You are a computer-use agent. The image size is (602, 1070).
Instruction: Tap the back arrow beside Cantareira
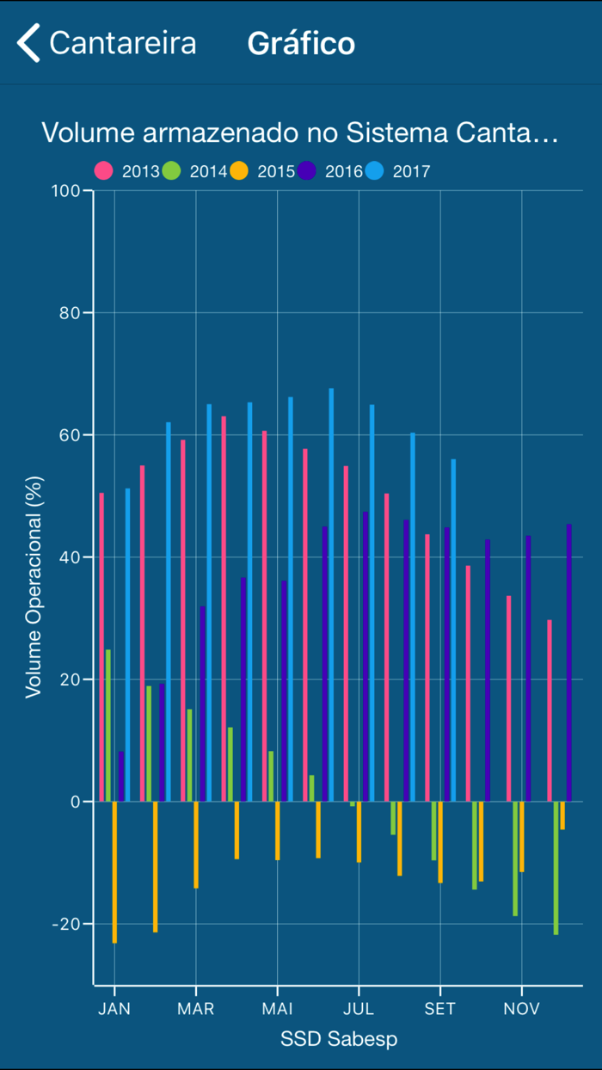coord(28,43)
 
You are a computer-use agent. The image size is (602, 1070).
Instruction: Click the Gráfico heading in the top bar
coord(301,43)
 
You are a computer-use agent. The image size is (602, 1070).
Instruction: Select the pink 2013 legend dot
coord(104,170)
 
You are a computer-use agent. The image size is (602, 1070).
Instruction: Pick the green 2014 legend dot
coord(171,170)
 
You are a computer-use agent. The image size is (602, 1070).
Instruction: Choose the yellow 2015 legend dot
coord(239,170)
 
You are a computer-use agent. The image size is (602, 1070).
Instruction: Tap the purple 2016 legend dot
coord(307,170)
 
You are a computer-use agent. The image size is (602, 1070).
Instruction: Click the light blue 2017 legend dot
coord(375,170)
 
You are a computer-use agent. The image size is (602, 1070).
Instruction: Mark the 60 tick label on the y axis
coord(73,435)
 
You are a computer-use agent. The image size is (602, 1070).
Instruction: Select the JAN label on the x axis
coord(114,1009)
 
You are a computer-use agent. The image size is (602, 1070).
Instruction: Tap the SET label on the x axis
coord(439,1009)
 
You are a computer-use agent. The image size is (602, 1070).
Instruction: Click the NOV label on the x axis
coord(521,1009)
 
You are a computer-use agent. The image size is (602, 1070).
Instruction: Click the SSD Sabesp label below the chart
coord(339,1039)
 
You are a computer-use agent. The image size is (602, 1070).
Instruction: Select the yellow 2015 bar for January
coord(114,871)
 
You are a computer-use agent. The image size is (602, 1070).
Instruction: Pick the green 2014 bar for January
coord(108,725)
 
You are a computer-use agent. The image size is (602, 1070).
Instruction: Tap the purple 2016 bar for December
coord(568,662)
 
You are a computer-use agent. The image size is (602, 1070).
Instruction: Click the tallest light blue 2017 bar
coord(331,593)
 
